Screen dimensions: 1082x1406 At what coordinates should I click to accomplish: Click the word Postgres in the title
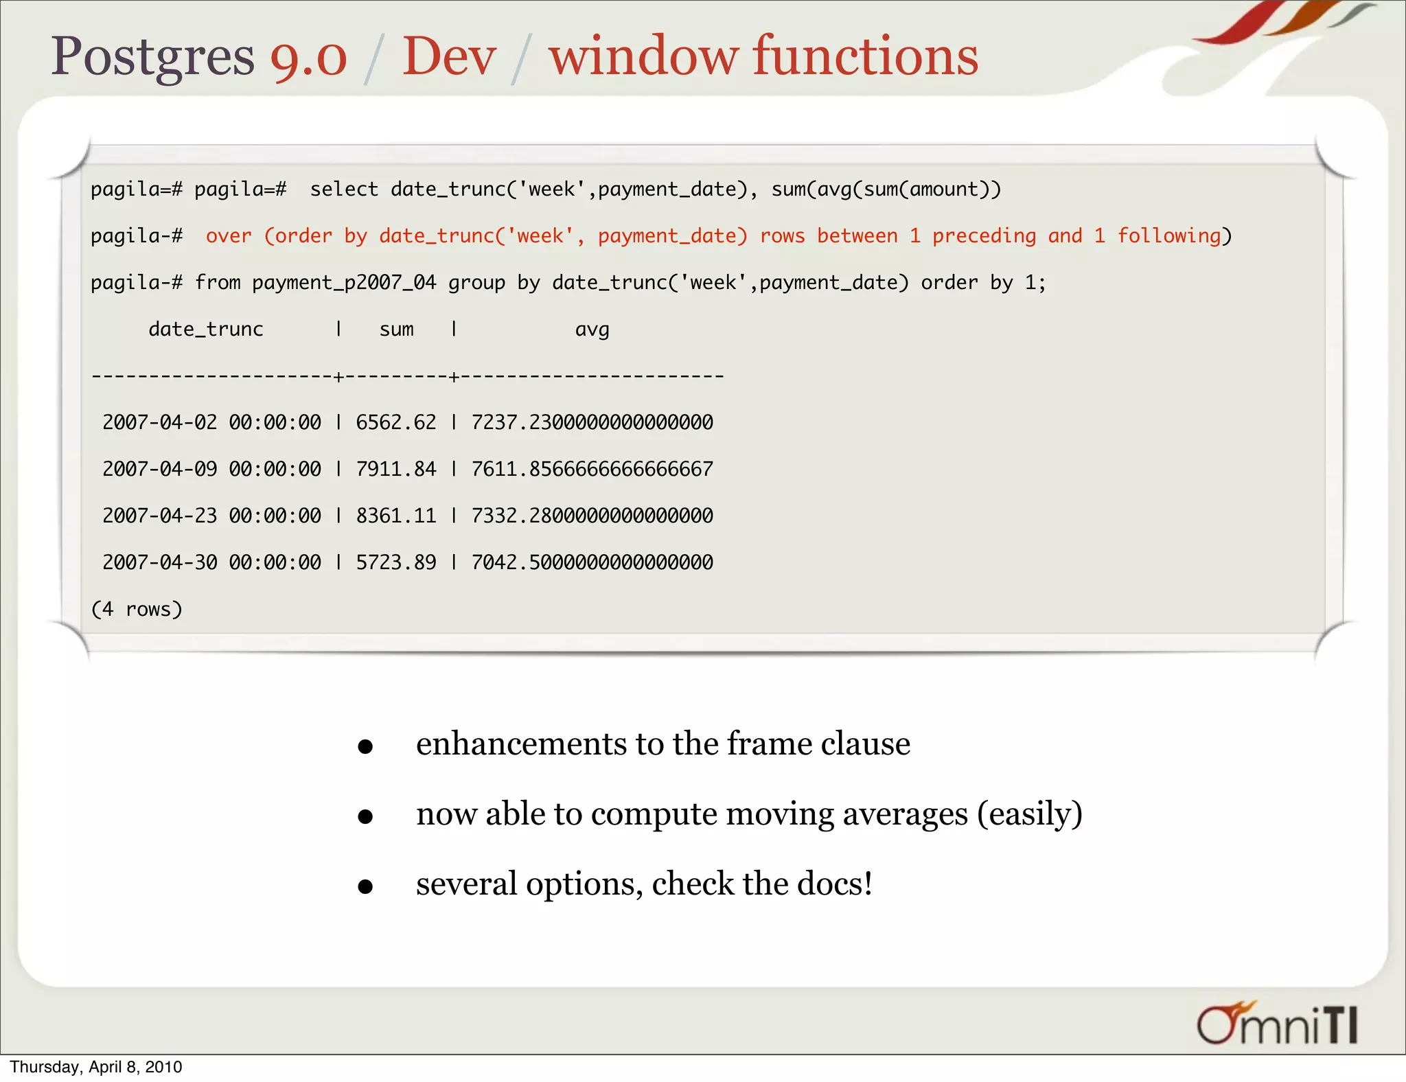click(x=152, y=57)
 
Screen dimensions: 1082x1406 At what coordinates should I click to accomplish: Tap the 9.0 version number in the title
click(x=308, y=57)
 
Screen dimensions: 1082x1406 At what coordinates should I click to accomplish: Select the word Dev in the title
click(x=449, y=57)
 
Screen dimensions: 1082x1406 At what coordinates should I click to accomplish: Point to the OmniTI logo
click(x=1277, y=1024)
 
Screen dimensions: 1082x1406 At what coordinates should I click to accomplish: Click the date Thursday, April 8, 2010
click(x=96, y=1067)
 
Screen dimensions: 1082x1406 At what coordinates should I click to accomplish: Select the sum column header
click(x=396, y=330)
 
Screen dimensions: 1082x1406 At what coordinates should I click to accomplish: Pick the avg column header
click(x=592, y=330)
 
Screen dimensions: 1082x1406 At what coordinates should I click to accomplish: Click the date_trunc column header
click(x=205, y=330)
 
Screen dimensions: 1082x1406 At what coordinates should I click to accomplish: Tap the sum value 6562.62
click(x=396, y=422)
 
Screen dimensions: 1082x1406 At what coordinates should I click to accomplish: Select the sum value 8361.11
click(x=396, y=516)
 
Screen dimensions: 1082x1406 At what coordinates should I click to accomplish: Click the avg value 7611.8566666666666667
click(x=592, y=469)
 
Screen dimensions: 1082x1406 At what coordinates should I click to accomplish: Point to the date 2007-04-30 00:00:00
click(x=211, y=562)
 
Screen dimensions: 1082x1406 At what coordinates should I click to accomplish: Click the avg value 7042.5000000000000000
click(x=592, y=562)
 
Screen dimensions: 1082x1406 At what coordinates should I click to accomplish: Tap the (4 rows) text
click(x=137, y=609)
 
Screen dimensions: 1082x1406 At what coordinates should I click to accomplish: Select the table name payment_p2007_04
click(x=344, y=283)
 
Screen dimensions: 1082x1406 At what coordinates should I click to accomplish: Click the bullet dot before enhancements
click(x=365, y=746)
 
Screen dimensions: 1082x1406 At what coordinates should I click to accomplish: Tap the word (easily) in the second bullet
click(x=1030, y=814)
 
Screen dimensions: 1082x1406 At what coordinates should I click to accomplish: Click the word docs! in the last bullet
click(x=834, y=884)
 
